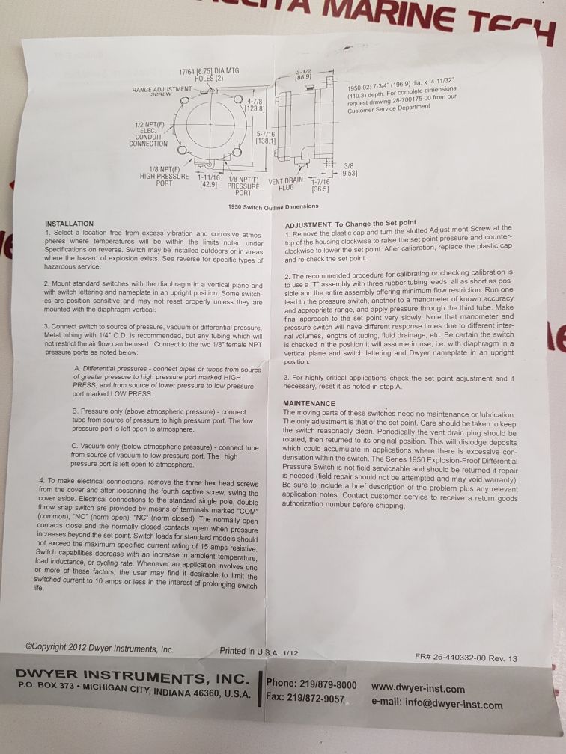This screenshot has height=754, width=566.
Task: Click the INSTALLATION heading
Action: click(70, 224)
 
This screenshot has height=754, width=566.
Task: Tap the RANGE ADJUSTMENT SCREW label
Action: click(162, 91)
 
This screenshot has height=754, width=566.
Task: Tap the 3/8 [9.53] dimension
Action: click(349, 169)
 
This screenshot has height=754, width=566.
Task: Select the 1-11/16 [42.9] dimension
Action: click(208, 181)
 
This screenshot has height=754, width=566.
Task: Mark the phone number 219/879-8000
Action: click(312, 684)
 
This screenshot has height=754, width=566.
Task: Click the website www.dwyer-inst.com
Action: click(418, 689)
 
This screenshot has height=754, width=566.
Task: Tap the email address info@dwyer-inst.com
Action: click(437, 705)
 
